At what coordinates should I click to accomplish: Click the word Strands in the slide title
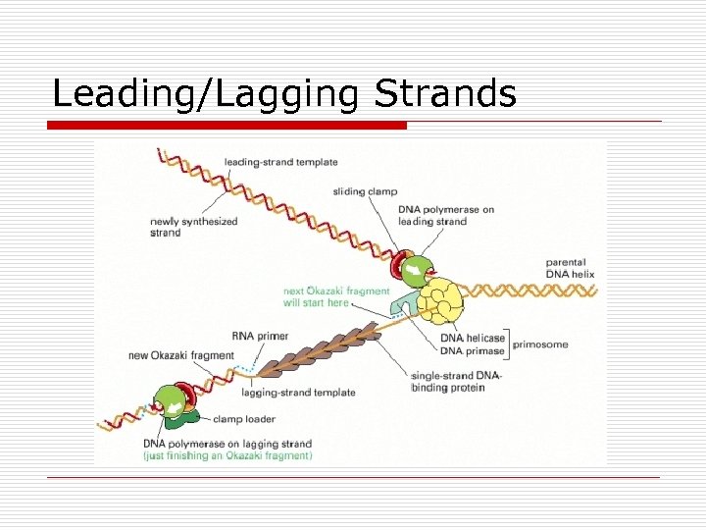(445, 94)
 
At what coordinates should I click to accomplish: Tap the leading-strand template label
(280, 162)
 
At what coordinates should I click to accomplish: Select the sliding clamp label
(365, 191)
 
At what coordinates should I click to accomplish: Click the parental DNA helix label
(566, 268)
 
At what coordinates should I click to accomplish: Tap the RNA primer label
(260, 336)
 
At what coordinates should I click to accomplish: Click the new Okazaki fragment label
(181, 355)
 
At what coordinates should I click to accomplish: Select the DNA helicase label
(473, 338)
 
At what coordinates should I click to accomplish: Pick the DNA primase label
(473, 350)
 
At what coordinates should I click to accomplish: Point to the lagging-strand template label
(298, 393)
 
